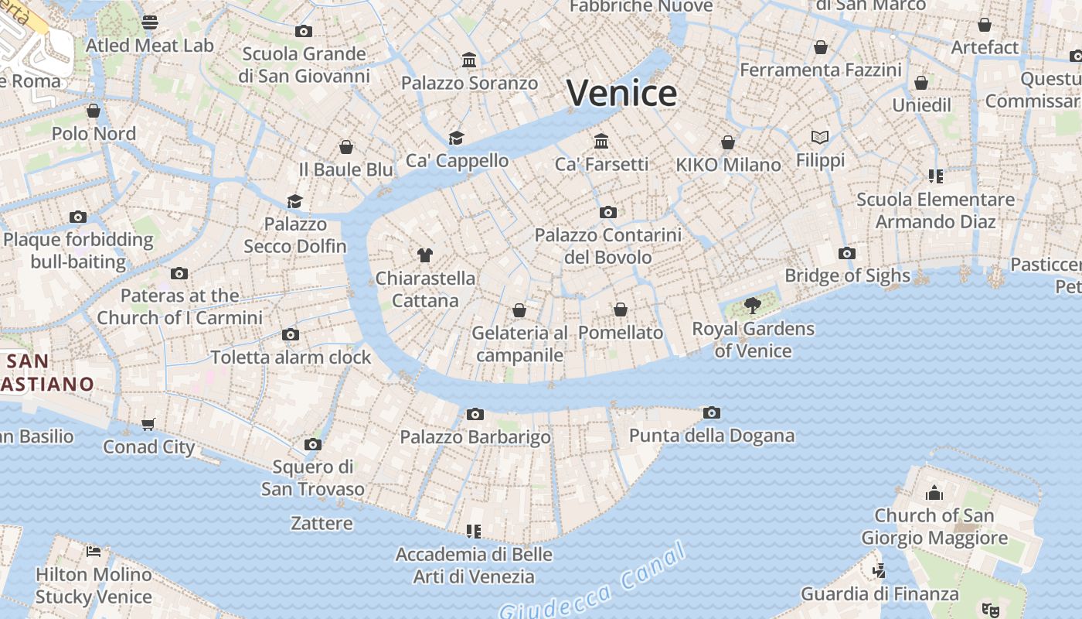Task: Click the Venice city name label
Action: tap(622, 94)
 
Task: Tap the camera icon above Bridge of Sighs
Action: tap(847, 253)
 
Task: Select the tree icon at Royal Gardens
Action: tap(753, 306)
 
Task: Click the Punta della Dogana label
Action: tap(712, 436)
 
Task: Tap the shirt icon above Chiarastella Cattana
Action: tap(424, 255)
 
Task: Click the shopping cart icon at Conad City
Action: tap(148, 424)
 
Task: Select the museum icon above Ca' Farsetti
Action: tap(601, 141)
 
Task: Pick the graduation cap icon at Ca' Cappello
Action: tap(457, 138)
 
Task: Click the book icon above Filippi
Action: tap(820, 137)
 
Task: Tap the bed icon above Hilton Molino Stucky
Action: tap(94, 552)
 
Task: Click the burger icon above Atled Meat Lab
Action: tap(150, 22)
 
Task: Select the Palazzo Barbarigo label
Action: tap(475, 437)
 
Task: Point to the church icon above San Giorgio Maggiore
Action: tap(934, 493)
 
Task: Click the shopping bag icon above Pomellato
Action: tap(621, 309)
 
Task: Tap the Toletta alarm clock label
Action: tap(291, 357)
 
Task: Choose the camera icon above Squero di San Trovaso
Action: tap(313, 444)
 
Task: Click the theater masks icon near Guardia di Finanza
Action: tap(990, 610)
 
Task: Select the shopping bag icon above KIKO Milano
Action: tap(728, 142)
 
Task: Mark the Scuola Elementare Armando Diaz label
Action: tap(935, 210)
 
